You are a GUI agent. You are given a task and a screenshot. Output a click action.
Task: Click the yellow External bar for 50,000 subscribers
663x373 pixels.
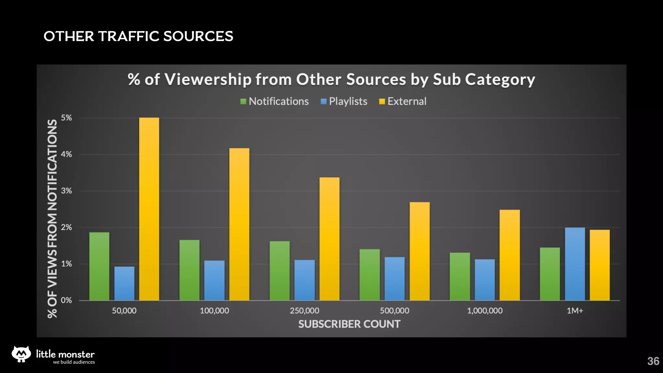(x=149, y=209)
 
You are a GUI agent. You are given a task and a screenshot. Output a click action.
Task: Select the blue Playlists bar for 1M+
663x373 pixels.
(x=575, y=264)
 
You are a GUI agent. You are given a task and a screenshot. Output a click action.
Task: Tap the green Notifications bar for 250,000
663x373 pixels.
(x=280, y=271)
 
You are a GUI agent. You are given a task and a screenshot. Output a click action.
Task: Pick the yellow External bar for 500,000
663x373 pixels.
(x=420, y=251)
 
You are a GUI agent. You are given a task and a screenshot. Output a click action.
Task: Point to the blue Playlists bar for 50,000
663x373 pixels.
(x=124, y=283)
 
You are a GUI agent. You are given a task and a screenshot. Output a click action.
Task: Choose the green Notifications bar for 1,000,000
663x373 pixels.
(x=460, y=277)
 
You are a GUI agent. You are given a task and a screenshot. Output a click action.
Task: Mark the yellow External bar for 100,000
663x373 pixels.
(x=239, y=224)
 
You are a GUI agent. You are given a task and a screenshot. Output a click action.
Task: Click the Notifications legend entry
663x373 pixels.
(x=275, y=101)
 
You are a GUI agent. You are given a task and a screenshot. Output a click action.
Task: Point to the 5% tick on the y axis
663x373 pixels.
(x=66, y=118)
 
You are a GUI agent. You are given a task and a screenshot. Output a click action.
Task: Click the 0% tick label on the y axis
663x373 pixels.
(x=66, y=300)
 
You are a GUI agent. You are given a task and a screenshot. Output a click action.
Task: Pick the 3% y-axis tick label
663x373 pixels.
(x=66, y=191)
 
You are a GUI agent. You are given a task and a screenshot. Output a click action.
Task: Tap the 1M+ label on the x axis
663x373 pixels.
(x=575, y=311)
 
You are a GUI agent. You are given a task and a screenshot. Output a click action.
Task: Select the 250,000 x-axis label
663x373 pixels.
(x=304, y=311)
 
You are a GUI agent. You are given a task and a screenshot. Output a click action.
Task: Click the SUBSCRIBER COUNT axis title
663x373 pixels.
(x=349, y=324)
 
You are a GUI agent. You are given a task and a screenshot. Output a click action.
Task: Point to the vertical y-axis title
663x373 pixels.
(x=52, y=219)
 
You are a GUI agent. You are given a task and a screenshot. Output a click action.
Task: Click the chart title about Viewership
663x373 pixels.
(x=331, y=79)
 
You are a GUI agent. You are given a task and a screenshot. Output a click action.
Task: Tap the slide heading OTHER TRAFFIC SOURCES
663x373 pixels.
(x=138, y=36)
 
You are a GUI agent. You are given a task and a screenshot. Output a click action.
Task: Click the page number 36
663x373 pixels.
(x=653, y=361)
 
